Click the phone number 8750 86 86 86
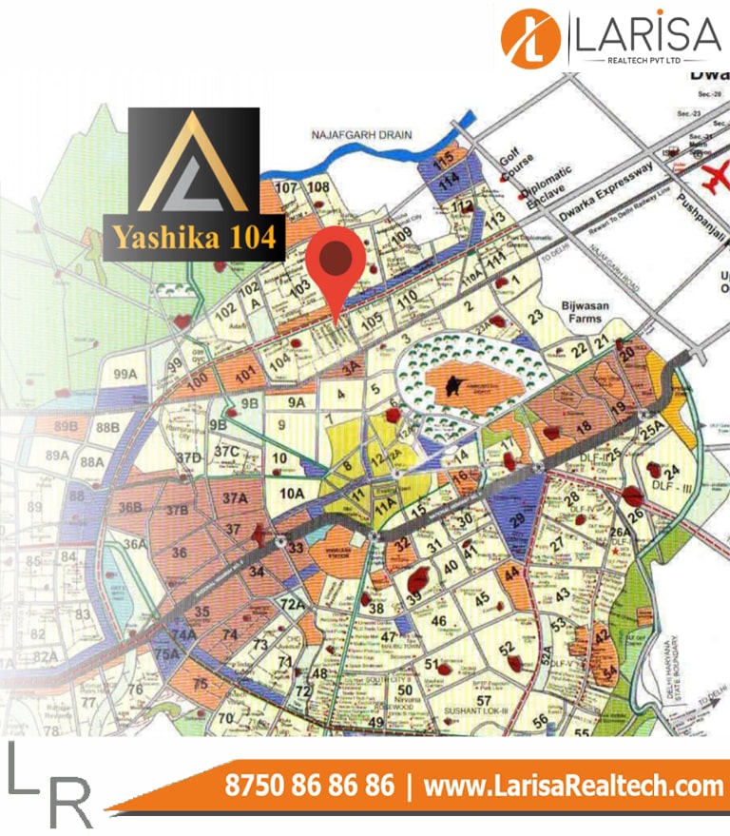(309, 786)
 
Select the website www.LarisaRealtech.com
(573, 786)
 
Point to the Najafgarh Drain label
(362, 135)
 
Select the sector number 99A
(125, 375)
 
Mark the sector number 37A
(235, 498)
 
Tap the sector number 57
(484, 700)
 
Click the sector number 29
(517, 519)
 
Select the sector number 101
(248, 374)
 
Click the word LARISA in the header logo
(649, 35)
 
